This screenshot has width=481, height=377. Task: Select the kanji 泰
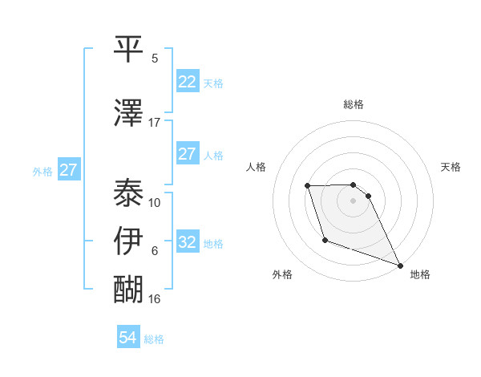[129, 192]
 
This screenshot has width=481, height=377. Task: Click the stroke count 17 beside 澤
[155, 123]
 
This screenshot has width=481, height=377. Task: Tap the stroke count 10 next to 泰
[155, 203]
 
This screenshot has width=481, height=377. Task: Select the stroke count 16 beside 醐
[155, 299]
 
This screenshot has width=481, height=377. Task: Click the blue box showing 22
[187, 82]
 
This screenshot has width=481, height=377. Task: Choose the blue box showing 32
[187, 242]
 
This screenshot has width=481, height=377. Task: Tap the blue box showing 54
[128, 338]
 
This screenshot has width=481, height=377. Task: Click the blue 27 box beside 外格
[69, 170]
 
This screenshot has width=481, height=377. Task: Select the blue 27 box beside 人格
[187, 154]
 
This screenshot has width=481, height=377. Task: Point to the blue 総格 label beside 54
[154, 339]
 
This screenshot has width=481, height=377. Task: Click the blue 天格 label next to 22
[213, 83]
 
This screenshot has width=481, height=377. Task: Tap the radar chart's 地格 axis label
[420, 274]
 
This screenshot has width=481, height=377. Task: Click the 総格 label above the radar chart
[354, 104]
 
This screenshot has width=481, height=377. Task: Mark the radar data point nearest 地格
[400, 266]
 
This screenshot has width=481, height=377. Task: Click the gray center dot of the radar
[354, 201]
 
